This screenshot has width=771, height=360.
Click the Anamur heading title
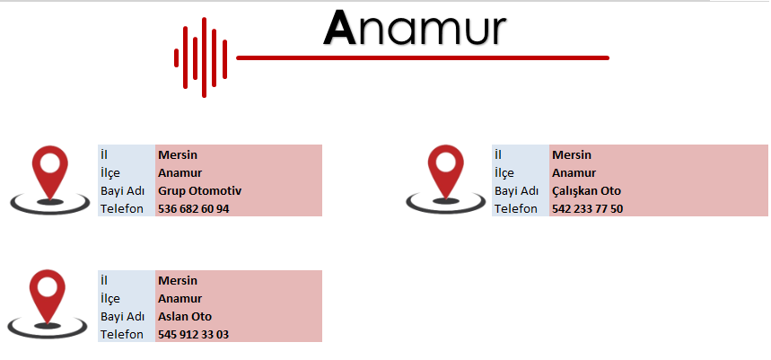[415, 29]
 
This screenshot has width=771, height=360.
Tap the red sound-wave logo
[201, 57]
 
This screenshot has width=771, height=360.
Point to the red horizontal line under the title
[423, 58]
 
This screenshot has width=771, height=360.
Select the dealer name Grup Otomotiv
[199, 191]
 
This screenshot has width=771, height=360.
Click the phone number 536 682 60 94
[193, 209]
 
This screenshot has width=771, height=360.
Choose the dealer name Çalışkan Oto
[586, 191]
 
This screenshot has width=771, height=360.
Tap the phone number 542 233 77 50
[587, 209]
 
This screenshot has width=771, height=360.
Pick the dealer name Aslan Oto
[185, 317]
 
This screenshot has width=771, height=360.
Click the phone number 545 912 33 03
[193, 335]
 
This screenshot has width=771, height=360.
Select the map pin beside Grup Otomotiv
[49, 180]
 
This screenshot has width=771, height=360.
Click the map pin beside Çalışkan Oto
[445, 179]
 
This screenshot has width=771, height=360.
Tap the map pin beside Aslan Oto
[48, 303]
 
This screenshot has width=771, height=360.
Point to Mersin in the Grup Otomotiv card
[178, 155]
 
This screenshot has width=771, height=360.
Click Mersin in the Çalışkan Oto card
[572, 155]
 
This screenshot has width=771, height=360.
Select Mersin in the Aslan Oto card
[178, 281]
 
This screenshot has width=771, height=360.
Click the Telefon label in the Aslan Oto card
[122, 335]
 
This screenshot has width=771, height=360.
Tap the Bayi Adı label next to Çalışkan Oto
[516, 191]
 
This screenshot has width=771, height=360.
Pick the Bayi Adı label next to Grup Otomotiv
[122, 191]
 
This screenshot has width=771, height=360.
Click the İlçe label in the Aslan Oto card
[110, 299]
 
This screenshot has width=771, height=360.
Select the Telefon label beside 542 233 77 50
[516, 208]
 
